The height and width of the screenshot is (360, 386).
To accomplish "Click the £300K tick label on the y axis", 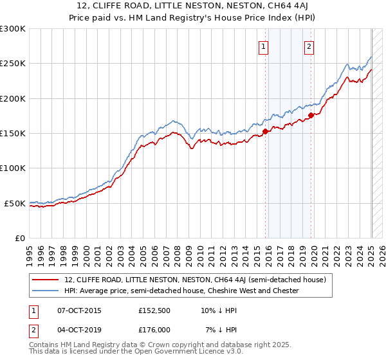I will click(13, 29).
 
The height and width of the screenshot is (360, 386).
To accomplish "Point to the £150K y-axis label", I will click(13, 133).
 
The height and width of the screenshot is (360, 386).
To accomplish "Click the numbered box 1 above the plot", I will click(264, 46).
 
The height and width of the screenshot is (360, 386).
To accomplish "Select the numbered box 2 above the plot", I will click(309, 46).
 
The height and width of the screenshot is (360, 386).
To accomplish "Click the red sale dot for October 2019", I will click(311, 115).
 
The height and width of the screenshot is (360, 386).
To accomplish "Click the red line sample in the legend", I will click(46, 280).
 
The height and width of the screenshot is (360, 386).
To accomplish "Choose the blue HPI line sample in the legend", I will click(46, 291).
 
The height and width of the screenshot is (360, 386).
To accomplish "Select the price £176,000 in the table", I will click(154, 329).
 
